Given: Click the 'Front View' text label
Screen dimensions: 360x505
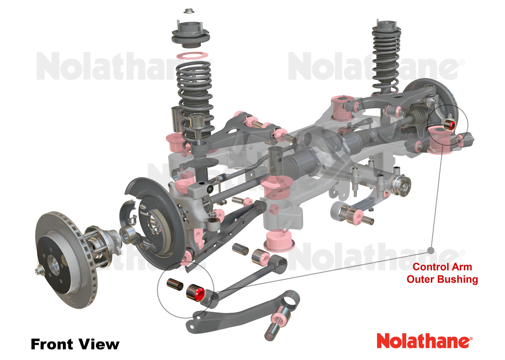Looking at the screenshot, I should coord(75,344).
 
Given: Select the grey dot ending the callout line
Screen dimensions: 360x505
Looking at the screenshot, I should coord(431,251).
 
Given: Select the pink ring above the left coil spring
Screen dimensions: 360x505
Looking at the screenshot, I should coord(192,56).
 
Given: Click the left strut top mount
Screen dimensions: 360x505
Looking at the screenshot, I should coord(190,34).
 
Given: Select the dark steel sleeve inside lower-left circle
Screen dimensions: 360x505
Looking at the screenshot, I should coord(175,284).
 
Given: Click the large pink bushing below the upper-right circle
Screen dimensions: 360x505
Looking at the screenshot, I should coord(441,141).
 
